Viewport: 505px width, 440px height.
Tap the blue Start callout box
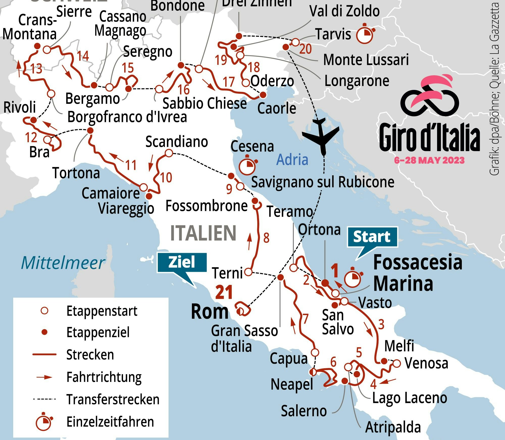[372, 237]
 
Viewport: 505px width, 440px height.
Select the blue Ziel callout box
[182, 262]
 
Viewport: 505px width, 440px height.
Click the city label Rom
[210, 312]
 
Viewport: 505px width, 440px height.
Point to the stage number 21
[224, 292]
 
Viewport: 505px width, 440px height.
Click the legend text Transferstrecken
[113, 400]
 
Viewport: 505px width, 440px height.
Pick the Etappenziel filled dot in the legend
[44, 332]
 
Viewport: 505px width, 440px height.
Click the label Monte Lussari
[366, 60]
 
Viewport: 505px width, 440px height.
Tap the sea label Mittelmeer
[63, 263]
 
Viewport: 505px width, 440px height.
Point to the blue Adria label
[292, 160]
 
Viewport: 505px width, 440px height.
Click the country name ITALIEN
[203, 233]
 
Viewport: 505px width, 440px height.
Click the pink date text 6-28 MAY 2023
[429, 160]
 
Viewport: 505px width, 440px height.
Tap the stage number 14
[83, 56]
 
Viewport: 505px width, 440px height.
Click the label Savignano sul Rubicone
[322, 182]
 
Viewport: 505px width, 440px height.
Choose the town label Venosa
[426, 363]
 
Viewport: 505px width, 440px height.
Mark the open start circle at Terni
[248, 272]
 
